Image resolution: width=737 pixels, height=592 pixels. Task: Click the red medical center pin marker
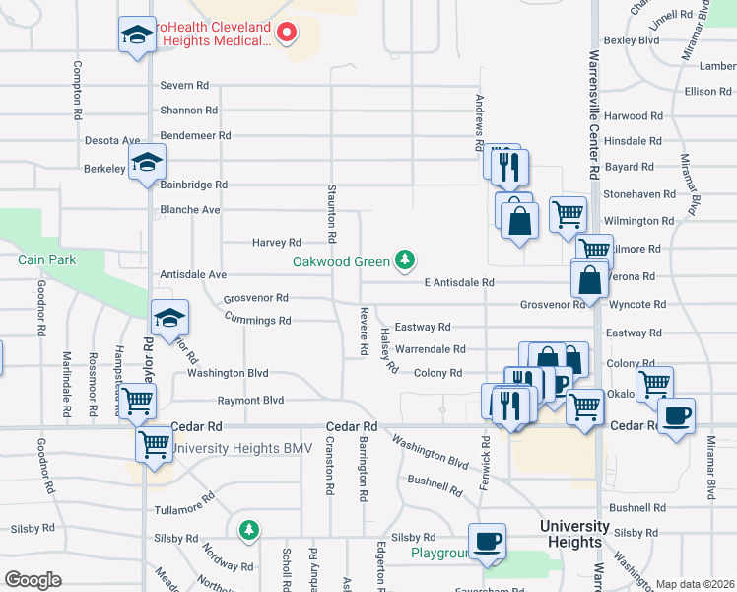click(287, 33)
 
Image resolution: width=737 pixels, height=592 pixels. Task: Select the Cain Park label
click(46, 259)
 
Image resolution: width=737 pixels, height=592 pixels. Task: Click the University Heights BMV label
click(241, 448)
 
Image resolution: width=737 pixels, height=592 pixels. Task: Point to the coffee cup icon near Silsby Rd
click(487, 542)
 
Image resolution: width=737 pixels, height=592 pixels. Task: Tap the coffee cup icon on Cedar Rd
click(676, 415)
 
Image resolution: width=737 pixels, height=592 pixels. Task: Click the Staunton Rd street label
click(331, 213)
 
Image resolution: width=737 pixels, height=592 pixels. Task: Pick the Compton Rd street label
click(77, 91)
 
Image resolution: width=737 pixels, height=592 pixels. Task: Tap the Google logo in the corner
click(33, 580)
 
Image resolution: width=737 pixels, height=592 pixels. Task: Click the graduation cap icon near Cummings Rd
click(168, 319)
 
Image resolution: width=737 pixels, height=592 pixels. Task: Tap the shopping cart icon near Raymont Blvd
click(137, 402)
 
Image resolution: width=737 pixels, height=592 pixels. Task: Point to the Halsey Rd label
click(387, 351)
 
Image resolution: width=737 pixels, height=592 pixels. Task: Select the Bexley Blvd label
click(631, 40)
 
